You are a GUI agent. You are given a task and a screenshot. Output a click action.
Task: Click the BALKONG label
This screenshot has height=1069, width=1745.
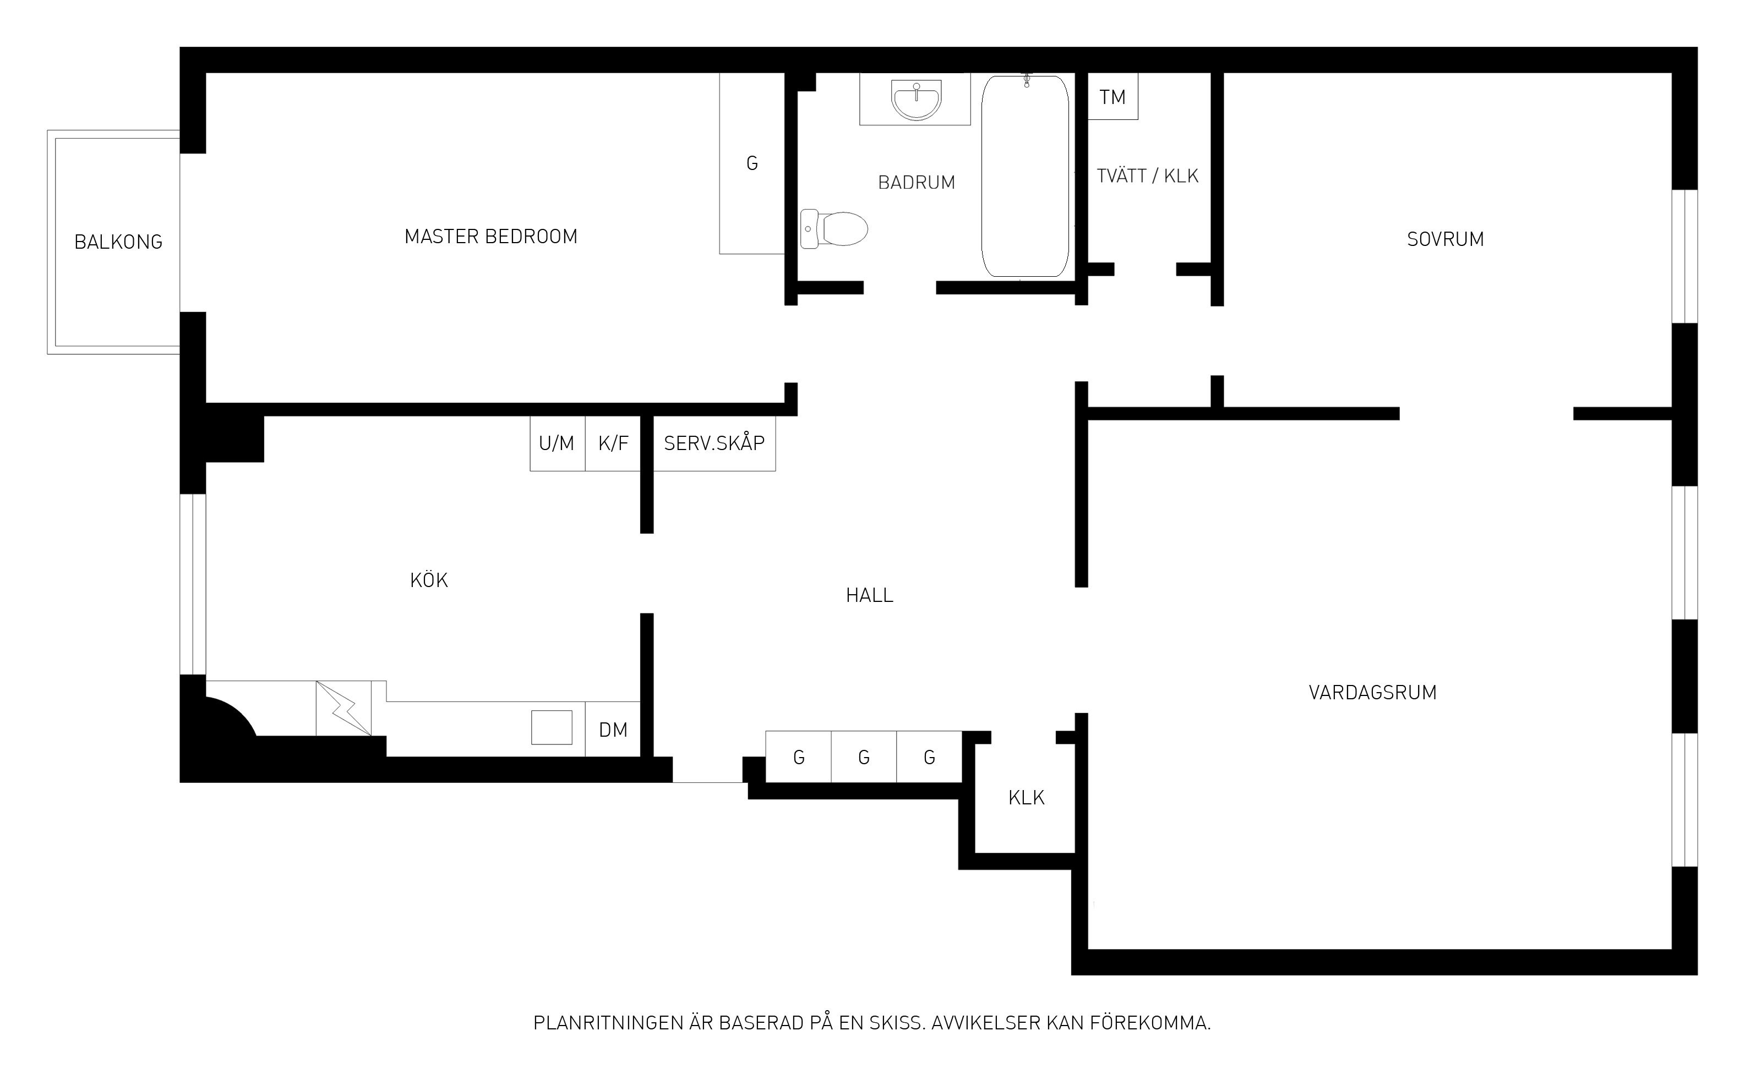tap(118, 242)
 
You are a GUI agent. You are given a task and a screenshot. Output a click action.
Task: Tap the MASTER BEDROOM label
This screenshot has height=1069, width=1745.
tap(491, 237)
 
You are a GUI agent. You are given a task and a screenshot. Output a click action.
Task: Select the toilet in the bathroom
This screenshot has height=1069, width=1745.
tap(833, 229)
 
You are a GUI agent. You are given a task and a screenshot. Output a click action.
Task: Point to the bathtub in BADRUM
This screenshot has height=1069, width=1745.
tap(1025, 176)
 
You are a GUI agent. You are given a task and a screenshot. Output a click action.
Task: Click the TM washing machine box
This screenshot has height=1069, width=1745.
tap(1113, 96)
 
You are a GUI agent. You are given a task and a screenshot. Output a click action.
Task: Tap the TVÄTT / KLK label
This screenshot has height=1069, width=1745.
tap(1147, 176)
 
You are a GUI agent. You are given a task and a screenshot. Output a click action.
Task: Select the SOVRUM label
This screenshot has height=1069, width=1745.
tap(1446, 239)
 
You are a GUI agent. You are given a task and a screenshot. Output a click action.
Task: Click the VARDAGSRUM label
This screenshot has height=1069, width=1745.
tap(1372, 692)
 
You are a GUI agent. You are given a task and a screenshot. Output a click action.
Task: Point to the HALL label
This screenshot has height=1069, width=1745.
tap(870, 595)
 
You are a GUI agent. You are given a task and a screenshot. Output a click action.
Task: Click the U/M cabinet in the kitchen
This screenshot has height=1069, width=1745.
tap(557, 443)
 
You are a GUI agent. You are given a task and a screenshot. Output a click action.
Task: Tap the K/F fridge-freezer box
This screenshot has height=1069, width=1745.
tap(613, 443)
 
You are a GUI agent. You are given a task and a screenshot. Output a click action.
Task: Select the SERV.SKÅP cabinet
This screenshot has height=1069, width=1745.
tap(714, 443)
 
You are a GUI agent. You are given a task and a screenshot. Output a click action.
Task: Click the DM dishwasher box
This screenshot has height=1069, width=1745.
tap(613, 729)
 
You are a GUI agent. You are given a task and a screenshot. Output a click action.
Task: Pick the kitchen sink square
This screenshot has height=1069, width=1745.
tap(552, 727)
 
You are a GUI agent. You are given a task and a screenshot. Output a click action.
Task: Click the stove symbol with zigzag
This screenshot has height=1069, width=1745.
tap(343, 708)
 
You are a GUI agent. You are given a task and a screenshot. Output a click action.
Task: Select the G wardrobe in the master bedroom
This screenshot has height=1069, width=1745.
tap(752, 163)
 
